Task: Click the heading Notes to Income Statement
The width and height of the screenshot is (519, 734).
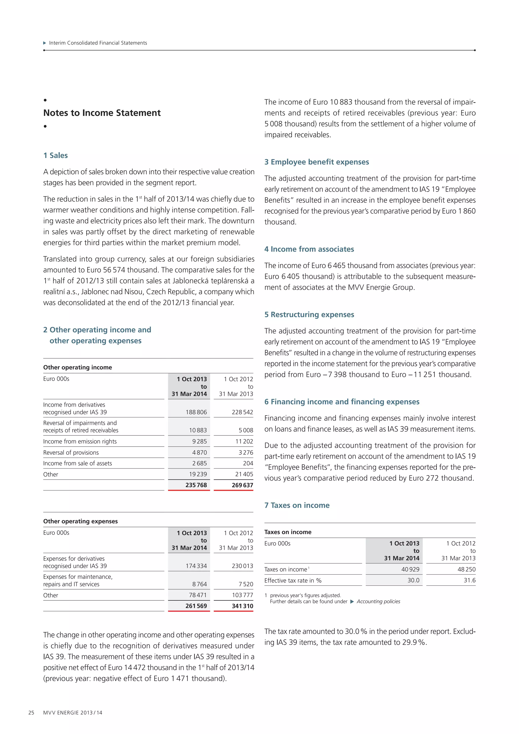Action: (102, 113)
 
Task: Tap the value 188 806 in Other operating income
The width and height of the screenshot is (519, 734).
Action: (196, 412)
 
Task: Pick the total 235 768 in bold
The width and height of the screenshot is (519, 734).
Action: (196, 485)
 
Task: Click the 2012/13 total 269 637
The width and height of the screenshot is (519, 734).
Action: (242, 485)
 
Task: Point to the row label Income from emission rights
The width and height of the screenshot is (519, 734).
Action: (80, 441)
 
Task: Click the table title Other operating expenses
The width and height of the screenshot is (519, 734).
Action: (81, 521)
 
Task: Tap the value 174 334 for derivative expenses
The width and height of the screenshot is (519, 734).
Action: (196, 566)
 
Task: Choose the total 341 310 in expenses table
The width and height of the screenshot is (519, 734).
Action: (242, 606)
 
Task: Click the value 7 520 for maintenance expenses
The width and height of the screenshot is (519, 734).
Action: (246, 584)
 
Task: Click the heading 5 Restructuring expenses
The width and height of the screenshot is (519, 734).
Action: (309, 315)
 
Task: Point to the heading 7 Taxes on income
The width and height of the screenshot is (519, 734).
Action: (297, 505)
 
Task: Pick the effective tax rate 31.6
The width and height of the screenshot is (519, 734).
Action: (470, 580)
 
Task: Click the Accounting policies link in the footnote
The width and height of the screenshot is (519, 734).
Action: (378, 601)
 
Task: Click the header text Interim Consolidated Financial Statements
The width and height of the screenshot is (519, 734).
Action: (98, 43)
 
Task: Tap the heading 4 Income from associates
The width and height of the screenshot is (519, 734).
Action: (309, 249)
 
